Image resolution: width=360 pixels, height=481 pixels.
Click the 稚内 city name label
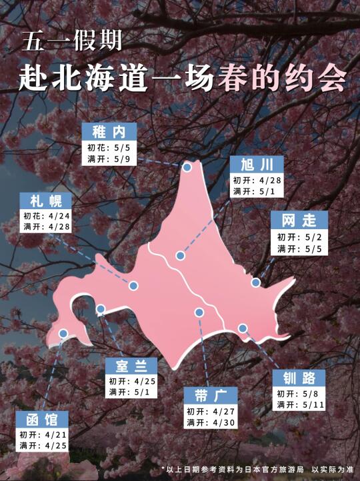(109, 131)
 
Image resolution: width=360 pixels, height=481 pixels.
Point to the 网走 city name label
(299, 221)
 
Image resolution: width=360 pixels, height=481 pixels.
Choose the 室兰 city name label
(131, 366)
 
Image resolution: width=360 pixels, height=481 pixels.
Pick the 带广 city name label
(209, 395)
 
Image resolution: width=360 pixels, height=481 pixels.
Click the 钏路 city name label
(299, 378)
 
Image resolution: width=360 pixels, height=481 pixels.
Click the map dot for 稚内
(188, 167)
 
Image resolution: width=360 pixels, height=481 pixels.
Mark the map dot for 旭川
(180, 256)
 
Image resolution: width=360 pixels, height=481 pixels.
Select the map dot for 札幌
(133, 286)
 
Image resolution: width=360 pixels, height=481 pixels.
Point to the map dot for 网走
(255, 283)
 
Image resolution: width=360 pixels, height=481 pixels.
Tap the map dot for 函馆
(63, 334)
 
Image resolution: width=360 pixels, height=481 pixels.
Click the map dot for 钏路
(243, 328)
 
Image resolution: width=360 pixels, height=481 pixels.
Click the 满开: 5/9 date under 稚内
(109, 159)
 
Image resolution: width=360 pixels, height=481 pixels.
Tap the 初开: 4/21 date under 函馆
(43, 434)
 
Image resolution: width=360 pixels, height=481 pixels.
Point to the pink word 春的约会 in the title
(281, 79)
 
